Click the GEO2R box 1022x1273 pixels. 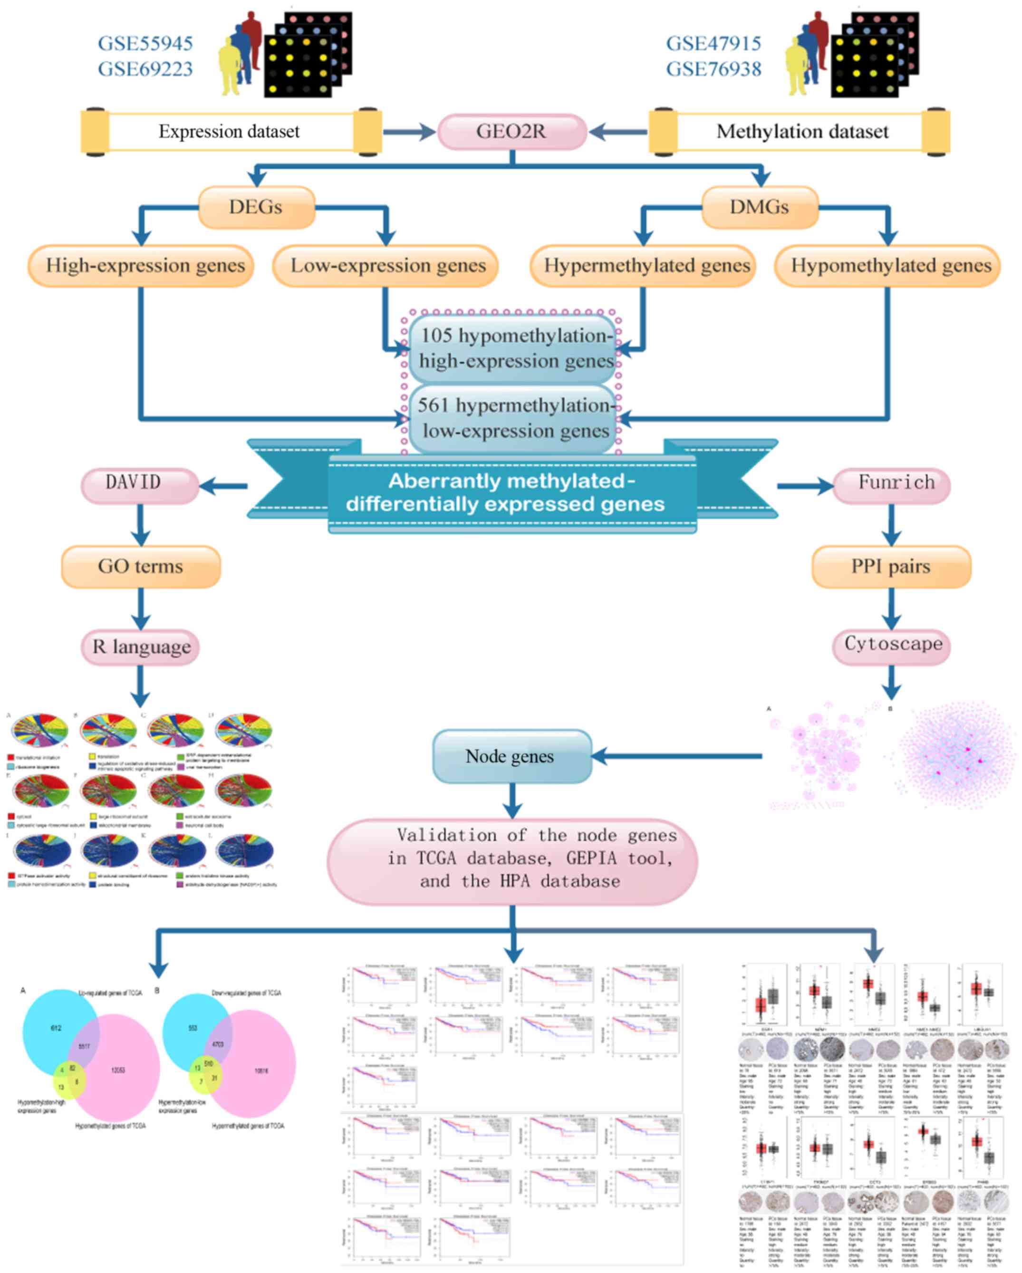tap(511, 131)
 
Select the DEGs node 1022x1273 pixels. tap(256, 207)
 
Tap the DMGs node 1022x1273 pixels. tap(759, 207)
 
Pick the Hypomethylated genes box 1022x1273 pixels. tap(887, 266)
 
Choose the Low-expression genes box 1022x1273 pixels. tap(385, 266)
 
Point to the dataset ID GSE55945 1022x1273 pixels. tap(145, 44)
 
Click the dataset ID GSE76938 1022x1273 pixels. tap(713, 69)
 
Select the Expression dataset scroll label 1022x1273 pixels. tap(229, 131)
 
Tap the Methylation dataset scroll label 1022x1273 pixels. tap(802, 131)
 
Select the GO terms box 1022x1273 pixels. tap(141, 566)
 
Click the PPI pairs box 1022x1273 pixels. tap(890, 566)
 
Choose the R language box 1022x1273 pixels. tap(141, 647)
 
